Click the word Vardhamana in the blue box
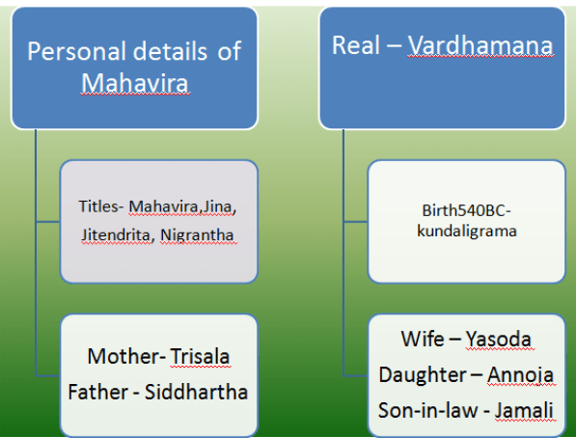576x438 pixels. (480, 45)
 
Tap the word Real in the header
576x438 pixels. (356, 45)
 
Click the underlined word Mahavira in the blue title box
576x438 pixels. (135, 82)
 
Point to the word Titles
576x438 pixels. (98, 206)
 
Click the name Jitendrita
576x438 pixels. (116, 234)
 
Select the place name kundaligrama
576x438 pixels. (467, 232)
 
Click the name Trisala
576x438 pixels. (200, 356)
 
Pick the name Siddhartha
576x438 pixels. (196, 392)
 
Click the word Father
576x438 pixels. (98, 392)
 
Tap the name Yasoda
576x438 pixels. (499, 339)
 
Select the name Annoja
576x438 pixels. (521, 374)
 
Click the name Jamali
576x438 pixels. (524, 410)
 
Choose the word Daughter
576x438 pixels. (423, 375)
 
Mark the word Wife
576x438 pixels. (423, 339)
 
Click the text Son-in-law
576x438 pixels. (428, 410)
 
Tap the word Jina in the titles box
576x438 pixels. (217, 206)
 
